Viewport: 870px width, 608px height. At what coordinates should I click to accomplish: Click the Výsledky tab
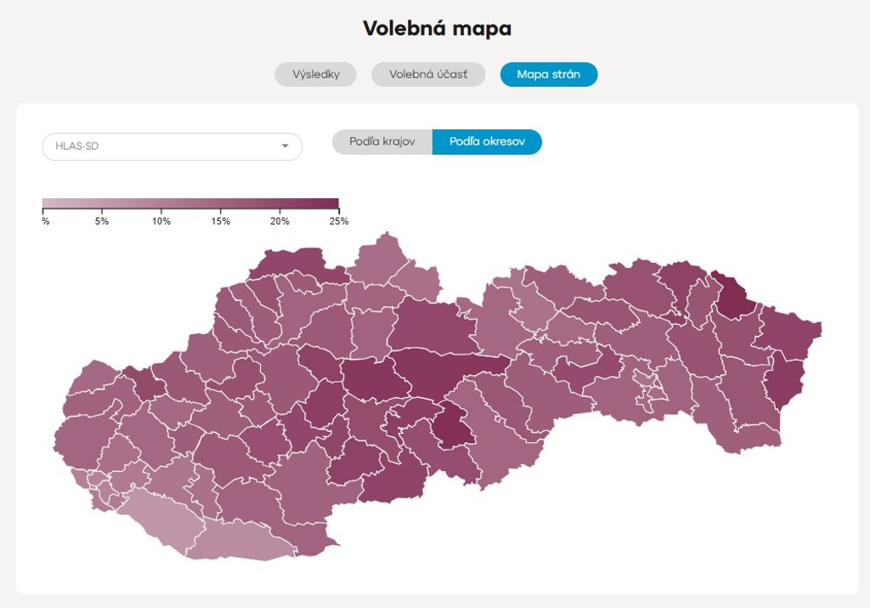[315, 75]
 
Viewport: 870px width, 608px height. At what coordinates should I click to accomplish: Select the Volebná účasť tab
[428, 75]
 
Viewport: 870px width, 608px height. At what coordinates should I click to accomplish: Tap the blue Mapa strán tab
[549, 75]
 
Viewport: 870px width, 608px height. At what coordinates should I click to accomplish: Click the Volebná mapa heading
[437, 28]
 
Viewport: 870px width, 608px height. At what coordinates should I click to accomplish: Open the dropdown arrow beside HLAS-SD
[285, 146]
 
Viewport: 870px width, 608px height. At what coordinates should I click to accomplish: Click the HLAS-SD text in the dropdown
[77, 146]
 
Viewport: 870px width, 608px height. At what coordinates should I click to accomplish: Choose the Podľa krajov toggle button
[382, 142]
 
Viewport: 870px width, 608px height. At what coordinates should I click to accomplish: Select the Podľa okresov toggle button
[487, 142]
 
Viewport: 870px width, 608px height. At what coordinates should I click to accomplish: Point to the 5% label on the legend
[102, 221]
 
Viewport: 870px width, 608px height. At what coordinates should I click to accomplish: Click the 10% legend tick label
[161, 221]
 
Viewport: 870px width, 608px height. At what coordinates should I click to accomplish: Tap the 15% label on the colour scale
[221, 221]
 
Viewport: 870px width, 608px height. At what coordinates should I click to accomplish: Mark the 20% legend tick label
[280, 221]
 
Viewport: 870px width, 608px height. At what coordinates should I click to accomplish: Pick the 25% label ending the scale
[339, 221]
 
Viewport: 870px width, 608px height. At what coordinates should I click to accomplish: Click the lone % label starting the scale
[45, 221]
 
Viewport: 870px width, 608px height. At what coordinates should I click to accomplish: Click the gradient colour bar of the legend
[190, 203]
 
